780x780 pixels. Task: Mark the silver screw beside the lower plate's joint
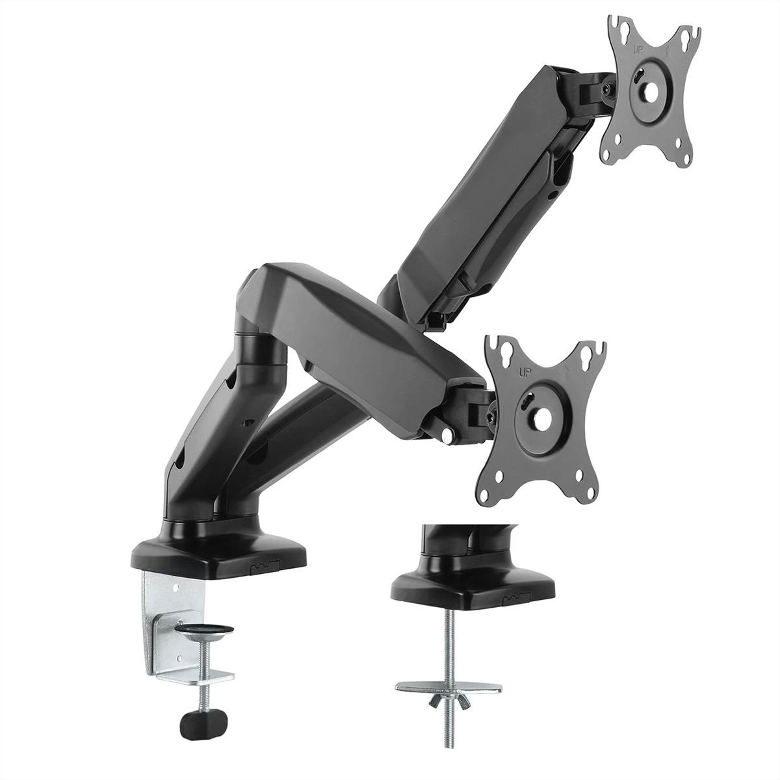pyautogui.click(x=448, y=433)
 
